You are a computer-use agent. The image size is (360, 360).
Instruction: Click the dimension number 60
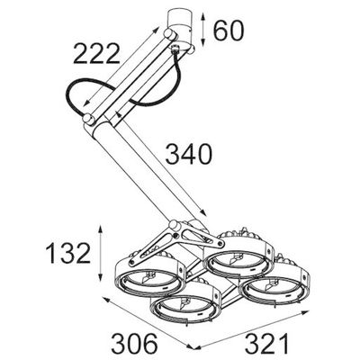pos(229,31)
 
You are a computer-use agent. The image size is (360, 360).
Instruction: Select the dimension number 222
pos(96,53)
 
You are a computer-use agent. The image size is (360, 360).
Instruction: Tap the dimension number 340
pos(189,154)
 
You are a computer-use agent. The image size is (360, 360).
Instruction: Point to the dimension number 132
pos(68,253)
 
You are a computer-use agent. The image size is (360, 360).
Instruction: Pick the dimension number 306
pos(135,343)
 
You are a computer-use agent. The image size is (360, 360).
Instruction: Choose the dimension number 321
pos(267,343)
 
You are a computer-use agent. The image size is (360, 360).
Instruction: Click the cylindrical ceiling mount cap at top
pos(179,20)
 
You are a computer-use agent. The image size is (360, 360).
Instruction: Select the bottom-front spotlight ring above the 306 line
pos(185,307)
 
